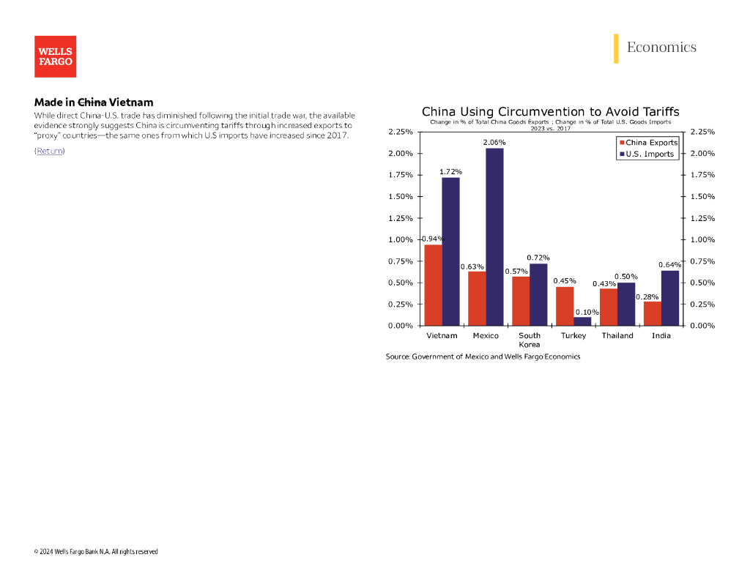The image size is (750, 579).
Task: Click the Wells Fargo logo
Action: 55,56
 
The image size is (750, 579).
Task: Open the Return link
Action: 50,151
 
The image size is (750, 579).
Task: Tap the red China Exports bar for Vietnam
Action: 433,285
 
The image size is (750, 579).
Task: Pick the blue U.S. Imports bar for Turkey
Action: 582,321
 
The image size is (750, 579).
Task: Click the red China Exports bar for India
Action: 652,313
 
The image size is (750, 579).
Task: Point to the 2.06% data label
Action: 494,142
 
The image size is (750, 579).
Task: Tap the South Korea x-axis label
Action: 530,340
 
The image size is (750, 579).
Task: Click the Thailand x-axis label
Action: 617,336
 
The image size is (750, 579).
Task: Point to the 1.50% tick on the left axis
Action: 401,197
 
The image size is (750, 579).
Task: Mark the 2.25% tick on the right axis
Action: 702,132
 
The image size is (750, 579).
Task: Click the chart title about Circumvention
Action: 550,112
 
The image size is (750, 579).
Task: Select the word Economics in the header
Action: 661,48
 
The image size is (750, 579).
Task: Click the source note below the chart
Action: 483,356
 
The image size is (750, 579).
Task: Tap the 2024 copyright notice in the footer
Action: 96,552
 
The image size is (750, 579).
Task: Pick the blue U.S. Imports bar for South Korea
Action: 538,294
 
